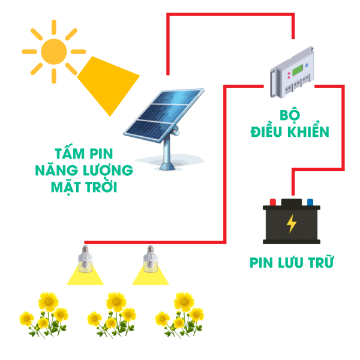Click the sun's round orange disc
(54, 52)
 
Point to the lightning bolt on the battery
(292, 223)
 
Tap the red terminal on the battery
(272, 202)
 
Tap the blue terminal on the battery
(310, 202)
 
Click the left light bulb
(86, 258)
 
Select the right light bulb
(151, 258)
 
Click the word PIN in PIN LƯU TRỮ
(262, 263)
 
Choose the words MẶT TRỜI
(84, 187)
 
